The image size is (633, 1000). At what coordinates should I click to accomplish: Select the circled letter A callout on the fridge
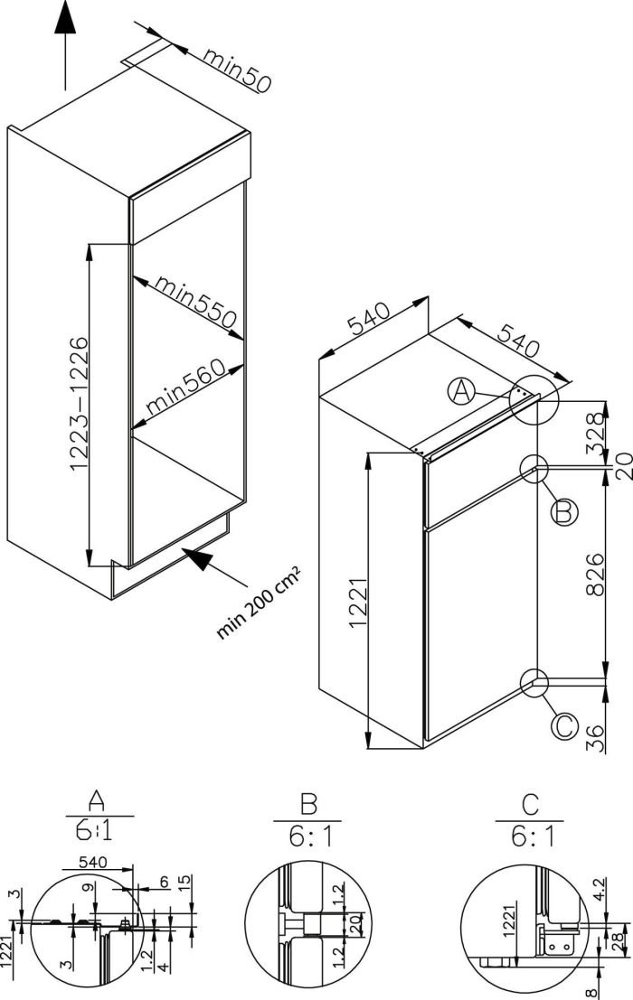click(462, 392)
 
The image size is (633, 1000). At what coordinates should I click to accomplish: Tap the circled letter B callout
click(562, 512)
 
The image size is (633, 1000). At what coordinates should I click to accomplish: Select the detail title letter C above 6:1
click(531, 803)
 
